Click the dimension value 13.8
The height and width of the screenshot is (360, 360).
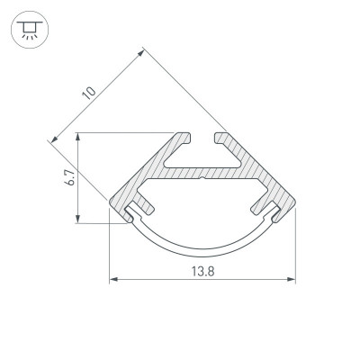[203, 272]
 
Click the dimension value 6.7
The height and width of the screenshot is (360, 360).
[70, 177]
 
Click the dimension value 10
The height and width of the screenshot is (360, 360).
[89, 94]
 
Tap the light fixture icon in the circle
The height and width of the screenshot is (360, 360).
[30, 30]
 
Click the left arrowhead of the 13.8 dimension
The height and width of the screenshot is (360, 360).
[113, 279]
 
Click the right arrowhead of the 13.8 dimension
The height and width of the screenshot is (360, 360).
[292, 279]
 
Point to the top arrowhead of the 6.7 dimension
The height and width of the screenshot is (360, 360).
[77, 137]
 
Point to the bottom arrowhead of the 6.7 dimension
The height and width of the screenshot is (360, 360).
[77, 219]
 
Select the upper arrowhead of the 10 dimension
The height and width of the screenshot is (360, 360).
[141, 52]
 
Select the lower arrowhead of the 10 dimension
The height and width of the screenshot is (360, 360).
[54, 139]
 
